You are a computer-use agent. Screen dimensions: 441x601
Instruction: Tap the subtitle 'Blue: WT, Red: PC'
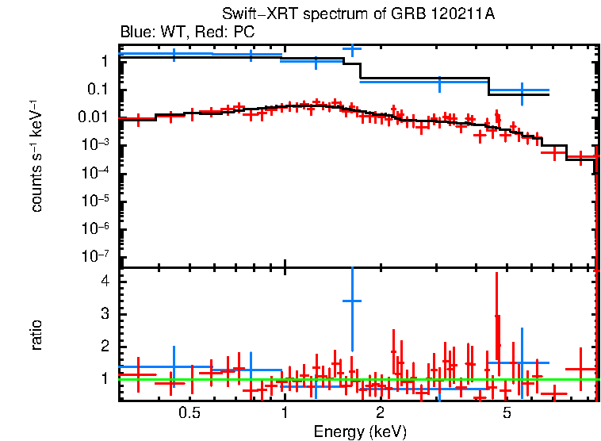point(187,33)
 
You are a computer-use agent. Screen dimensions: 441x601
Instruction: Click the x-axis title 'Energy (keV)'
point(360,431)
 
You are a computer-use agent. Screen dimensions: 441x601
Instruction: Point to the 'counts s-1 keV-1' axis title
point(36,155)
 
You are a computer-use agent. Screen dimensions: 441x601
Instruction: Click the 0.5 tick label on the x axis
point(189,412)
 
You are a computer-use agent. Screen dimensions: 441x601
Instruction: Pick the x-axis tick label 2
point(381,412)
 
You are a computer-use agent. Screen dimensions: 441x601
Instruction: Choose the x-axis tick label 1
point(285,412)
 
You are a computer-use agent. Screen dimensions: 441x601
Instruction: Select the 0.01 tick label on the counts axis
point(94,117)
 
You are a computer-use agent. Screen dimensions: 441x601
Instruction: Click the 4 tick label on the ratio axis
point(103,282)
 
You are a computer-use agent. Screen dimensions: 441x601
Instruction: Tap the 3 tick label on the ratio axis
point(103,314)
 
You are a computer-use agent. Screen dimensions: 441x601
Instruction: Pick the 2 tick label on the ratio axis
point(103,347)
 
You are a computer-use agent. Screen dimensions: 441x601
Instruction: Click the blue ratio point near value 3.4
point(351,301)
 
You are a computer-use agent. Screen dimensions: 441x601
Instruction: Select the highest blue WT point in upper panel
point(351,49)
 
